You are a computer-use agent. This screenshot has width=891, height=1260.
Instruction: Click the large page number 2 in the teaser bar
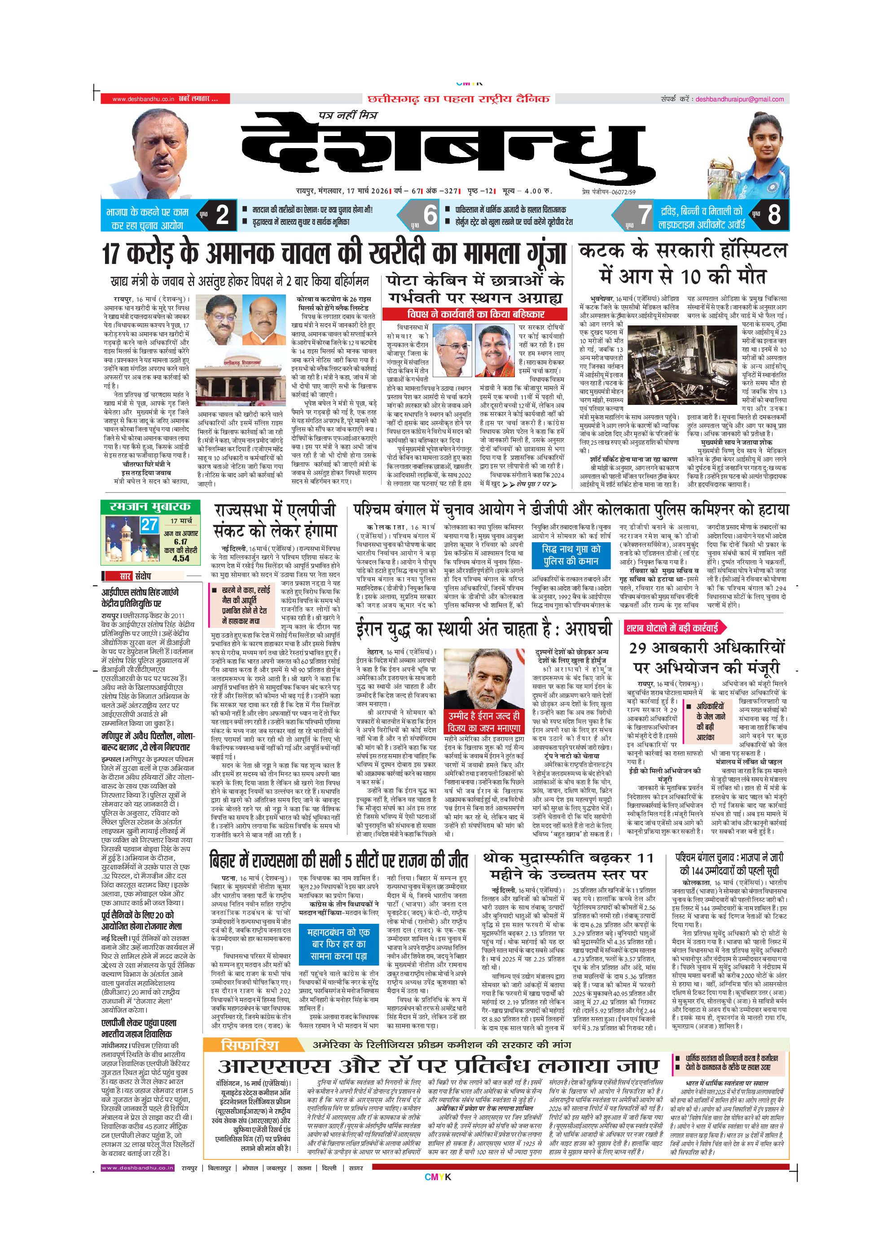tap(222, 215)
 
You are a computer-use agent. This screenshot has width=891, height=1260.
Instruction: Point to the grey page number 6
tap(430, 215)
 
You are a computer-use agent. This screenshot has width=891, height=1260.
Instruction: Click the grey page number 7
tap(644, 215)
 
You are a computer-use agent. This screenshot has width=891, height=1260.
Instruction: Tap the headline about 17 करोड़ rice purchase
tap(334, 254)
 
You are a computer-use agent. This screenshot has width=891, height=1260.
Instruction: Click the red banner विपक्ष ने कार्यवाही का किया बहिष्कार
tap(475, 314)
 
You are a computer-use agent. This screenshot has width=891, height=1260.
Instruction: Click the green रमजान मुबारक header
tap(150, 506)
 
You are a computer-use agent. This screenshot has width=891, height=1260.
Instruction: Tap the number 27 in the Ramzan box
tap(149, 525)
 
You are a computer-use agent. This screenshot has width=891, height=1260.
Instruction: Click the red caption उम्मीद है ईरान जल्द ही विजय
tap(484, 722)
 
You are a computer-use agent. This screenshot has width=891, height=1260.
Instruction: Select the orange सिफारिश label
tap(250, 1045)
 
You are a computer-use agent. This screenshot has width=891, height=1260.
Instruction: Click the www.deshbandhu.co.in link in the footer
tap(137, 1168)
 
